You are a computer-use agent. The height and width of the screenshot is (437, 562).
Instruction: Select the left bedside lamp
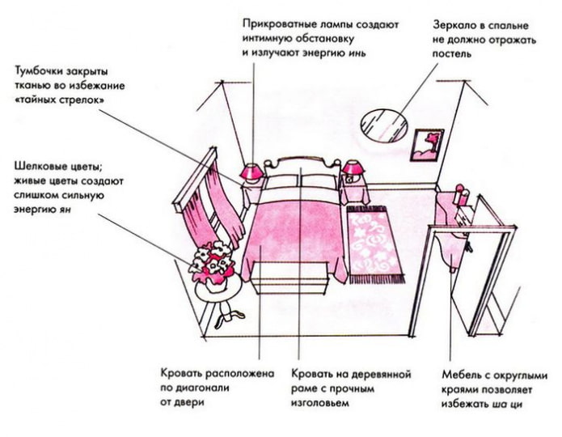pyautogui.click(x=251, y=172)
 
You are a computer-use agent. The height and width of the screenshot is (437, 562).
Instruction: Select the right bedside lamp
pyautogui.click(x=353, y=171)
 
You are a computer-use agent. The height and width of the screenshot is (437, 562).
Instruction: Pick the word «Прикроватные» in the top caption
pyautogui.click(x=277, y=25)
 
